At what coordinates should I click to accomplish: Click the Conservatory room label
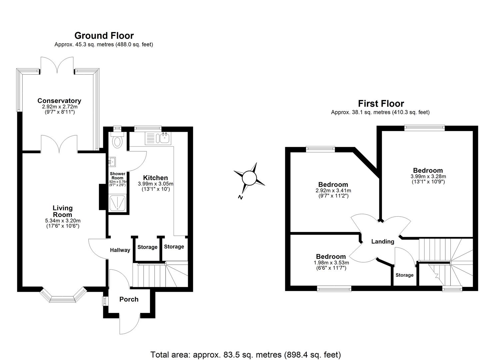pyautogui.click(x=59, y=101)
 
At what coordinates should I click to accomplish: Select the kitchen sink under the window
pyautogui.click(x=164, y=138)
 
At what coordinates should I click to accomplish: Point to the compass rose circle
pyautogui.click(x=249, y=177)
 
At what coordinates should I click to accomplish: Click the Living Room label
pyautogui.click(x=63, y=211)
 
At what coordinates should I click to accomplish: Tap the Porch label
pyautogui.click(x=129, y=299)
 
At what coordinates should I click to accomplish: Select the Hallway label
pyautogui.click(x=120, y=250)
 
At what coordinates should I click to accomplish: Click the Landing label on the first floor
pyautogui.click(x=383, y=242)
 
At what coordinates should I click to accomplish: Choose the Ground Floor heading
pyautogui.click(x=104, y=36)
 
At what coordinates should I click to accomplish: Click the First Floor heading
pyautogui.click(x=381, y=104)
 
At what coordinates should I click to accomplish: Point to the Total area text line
pyautogui.click(x=246, y=354)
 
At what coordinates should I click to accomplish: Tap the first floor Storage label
pyautogui.click(x=404, y=275)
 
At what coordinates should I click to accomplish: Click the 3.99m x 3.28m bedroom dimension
pyautogui.click(x=428, y=177)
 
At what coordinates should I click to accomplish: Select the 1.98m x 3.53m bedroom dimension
pyautogui.click(x=331, y=263)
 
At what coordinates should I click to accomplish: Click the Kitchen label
pyautogui.click(x=155, y=178)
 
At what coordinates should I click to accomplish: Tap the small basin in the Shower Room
pyautogui.click(x=112, y=162)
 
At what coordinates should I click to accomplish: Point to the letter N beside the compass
pyautogui.click(x=240, y=197)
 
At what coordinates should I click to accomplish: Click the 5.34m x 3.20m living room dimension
pyautogui.click(x=63, y=221)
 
